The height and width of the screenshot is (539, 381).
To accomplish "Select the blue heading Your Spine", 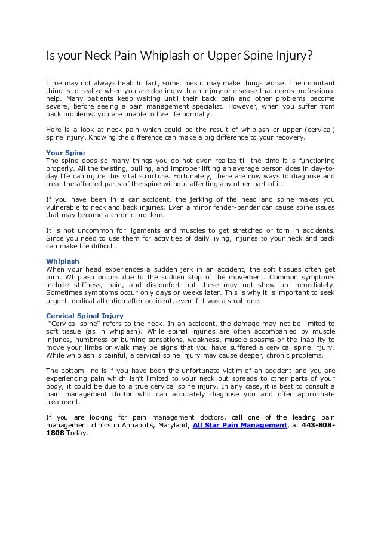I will [66, 152].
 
